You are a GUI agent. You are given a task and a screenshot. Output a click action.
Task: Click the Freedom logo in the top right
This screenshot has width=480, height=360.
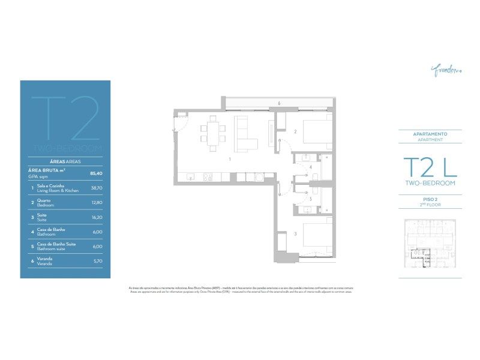pos(446,71)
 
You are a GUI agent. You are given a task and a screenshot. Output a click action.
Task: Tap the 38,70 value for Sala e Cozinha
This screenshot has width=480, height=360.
pos(96,188)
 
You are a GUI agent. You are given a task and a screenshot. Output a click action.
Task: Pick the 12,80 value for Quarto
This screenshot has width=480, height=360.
pos(96,202)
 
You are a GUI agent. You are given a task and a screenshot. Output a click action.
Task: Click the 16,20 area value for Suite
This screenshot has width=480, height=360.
pos(96,217)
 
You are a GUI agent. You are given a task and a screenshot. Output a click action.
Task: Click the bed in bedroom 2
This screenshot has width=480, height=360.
pos(317,132)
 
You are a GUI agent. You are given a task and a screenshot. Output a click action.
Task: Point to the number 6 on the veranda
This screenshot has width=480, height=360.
pos(279,103)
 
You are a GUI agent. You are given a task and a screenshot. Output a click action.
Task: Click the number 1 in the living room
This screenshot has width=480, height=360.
pos(230,159)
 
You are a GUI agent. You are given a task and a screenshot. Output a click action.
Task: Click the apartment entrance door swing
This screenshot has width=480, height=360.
pos(179,125)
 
